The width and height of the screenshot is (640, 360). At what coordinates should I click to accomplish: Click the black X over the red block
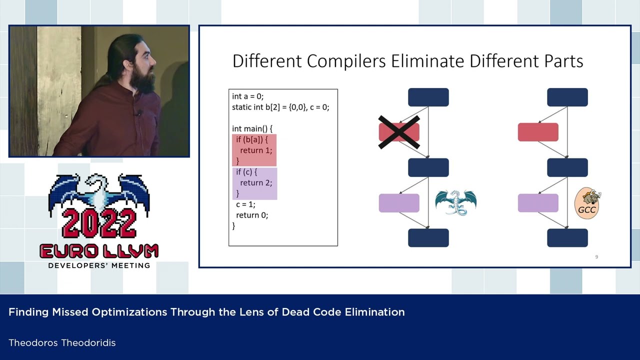398,132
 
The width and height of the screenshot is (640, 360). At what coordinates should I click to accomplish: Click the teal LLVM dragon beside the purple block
455,202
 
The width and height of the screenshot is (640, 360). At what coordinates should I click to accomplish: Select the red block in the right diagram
538,132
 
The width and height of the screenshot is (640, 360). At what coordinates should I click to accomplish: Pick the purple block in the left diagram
399,203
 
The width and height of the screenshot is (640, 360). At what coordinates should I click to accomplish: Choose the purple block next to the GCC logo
538,203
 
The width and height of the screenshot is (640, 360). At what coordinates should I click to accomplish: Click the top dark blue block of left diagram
428,97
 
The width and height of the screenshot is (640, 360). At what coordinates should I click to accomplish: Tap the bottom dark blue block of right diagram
567,238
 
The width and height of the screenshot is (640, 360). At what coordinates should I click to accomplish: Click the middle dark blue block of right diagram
567,167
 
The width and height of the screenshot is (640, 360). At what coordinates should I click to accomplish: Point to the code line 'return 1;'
256,150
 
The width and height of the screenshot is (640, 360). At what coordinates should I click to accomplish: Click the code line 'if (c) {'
246,172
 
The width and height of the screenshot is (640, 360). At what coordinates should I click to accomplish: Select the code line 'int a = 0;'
247,96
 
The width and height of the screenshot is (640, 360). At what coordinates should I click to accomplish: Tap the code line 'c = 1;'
245,204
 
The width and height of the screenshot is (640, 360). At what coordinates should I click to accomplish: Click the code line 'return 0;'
252,215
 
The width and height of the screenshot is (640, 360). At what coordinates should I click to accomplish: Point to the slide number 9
596,257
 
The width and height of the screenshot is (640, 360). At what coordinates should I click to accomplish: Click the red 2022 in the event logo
99,223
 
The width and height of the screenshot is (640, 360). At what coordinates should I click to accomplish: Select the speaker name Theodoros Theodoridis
62,343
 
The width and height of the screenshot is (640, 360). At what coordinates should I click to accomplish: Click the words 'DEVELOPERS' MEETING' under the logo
99,265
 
